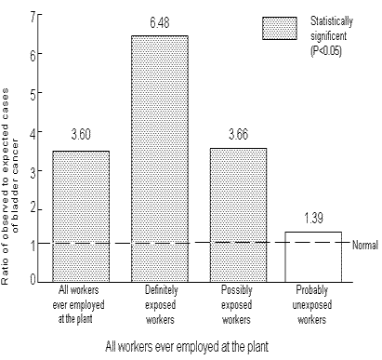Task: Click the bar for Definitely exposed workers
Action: pos(159,158)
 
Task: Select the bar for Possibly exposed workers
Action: pos(239,214)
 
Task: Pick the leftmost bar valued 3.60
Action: pos(81,215)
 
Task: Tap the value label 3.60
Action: pos(81,136)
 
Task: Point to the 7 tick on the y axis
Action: pos(34,17)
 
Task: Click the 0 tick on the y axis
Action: pos(34,279)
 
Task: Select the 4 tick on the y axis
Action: pos(34,130)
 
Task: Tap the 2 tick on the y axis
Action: pos(34,206)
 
